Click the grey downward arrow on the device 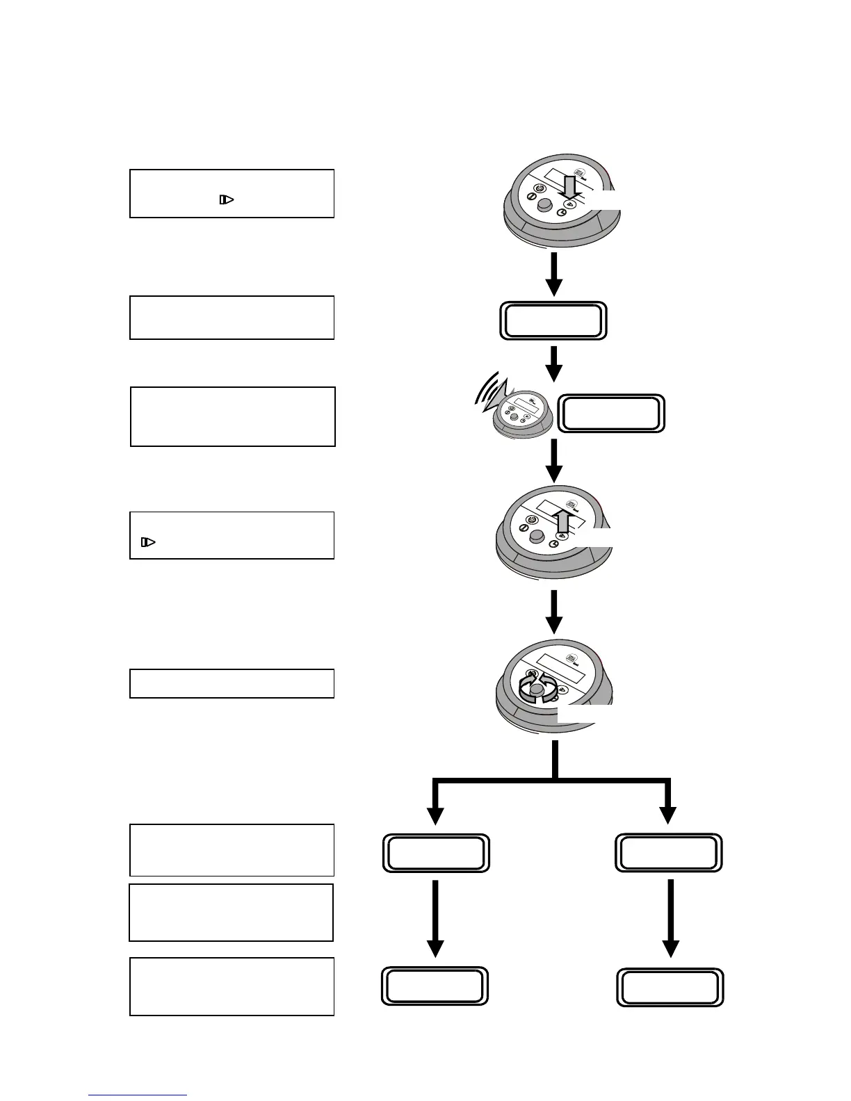pos(568,188)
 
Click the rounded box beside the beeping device pos(612,414)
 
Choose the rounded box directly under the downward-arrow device pos(553,320)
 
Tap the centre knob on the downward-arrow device pos(546,204)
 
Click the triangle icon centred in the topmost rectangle pos(227,199)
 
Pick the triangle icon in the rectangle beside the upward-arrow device pos(147,541)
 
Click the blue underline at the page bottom pos(138,1095)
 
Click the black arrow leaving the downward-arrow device pos(553,275)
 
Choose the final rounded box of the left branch pos(435,986)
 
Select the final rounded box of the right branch pos(670,987)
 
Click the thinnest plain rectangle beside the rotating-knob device pos(232,683)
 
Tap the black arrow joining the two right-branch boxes pos(670,918)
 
